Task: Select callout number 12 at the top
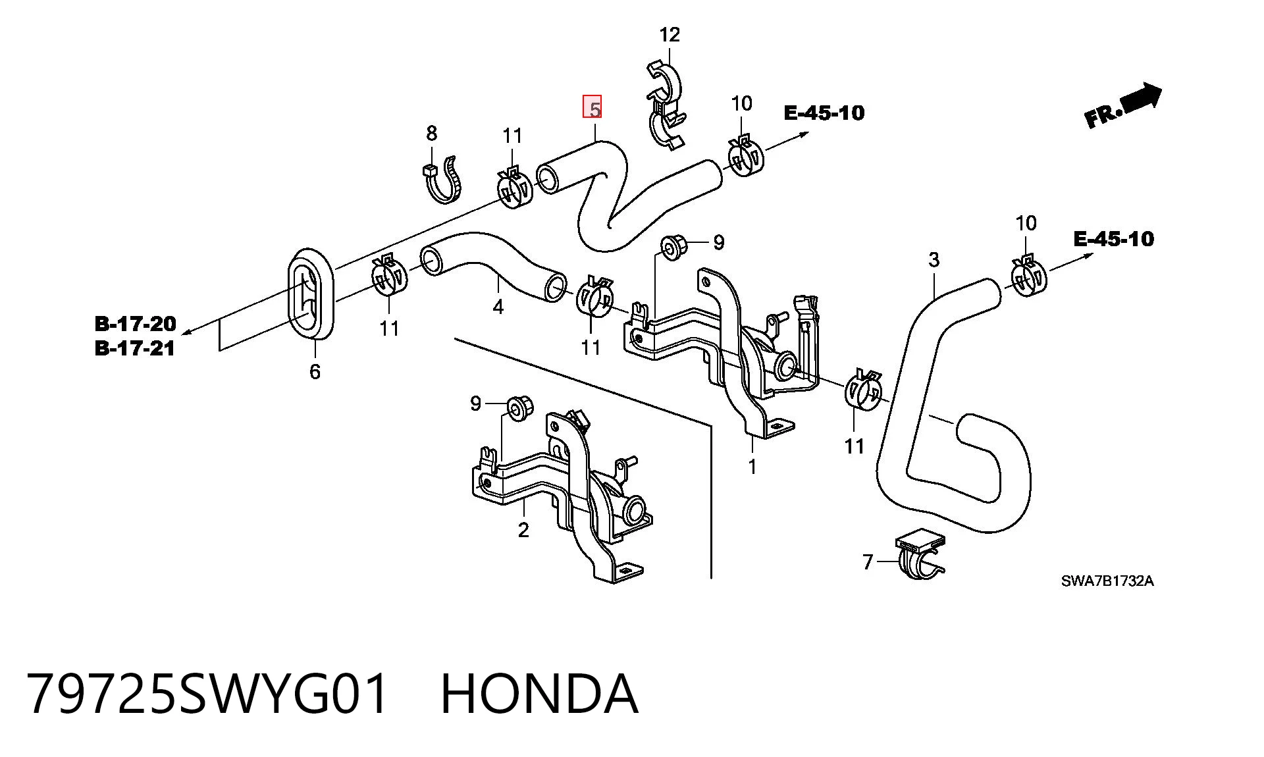coord(669,34)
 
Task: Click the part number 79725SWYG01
coord(207,694)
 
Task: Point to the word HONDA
coord(539,694)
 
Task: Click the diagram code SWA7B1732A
coord(1107,581)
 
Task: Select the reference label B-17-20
coord(136,323)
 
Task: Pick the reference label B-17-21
coord(136,348)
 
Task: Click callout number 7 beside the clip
coord(867,562)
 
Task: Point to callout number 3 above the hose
coord(934,260)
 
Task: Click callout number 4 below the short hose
coord(498,307)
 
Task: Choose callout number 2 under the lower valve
coord(523,530)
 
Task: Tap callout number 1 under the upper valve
coord(752,466)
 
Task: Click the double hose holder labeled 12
coord(666,105)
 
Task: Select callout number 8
coord(431,134)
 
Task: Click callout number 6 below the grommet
coord(315,372)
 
